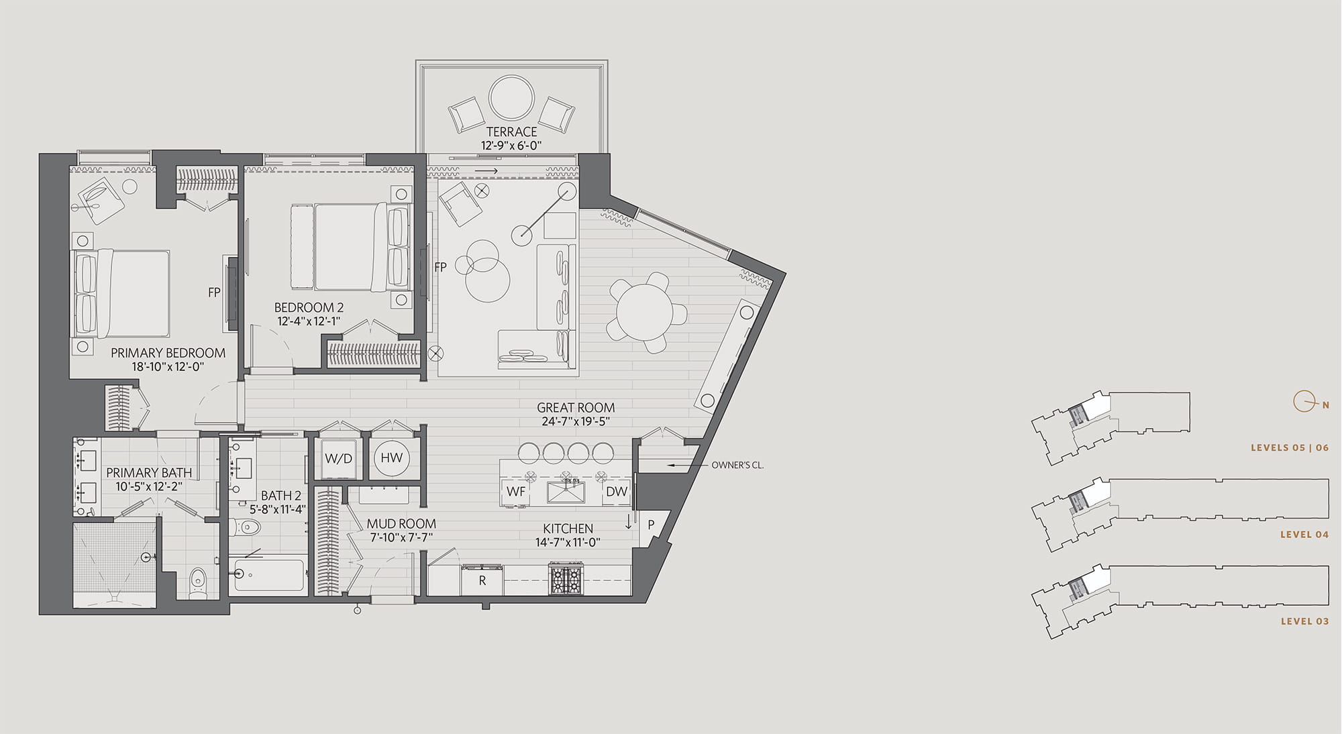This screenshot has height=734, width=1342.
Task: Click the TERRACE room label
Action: click(511, 132)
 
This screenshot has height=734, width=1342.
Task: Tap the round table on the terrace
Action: click(511, 98)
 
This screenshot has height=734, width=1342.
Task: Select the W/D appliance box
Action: click(339, 459)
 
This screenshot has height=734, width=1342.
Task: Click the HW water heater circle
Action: click(392, 458)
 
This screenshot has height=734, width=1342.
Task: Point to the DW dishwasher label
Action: click(616, 491)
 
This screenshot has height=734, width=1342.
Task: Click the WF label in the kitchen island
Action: click(516, 492)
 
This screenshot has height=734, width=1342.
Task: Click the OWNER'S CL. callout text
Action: click(737, 465)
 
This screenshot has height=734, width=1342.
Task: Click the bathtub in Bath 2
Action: click(270, 576)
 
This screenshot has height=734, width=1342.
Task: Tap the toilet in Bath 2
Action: click(245, 527)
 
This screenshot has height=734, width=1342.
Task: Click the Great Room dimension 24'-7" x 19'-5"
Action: click(576, 422)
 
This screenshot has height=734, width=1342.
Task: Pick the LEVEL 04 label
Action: click(1304, 535)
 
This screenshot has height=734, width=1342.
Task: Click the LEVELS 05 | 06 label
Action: click(1289, 448)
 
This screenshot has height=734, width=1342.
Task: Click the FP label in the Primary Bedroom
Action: click(214, 293)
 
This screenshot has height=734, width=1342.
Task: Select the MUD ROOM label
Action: click(401, 523)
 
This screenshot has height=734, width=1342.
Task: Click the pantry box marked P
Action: click(651, 525)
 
